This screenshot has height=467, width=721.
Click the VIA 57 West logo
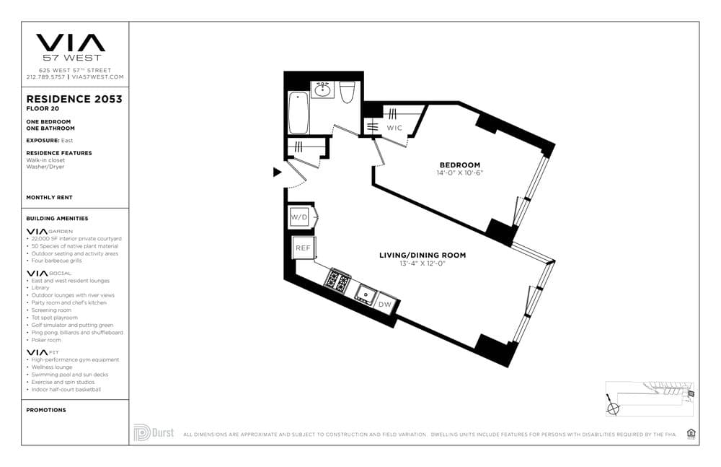click(70, 47)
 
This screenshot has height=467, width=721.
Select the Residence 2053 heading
click(74, 99)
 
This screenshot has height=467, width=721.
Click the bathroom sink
click(323, 90)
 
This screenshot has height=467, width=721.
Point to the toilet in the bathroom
click(347, 92)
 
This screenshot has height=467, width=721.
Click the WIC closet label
click(394, 128)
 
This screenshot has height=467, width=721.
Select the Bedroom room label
click(459, 165)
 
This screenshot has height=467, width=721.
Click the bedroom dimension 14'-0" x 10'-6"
click(459, 173)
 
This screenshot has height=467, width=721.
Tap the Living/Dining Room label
click(423, 255)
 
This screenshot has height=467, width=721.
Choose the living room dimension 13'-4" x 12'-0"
click(423, 263)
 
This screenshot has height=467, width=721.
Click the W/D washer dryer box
click(298, 217)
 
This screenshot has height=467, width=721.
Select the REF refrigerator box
click(301, 248)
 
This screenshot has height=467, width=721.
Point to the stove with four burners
click(337, 280)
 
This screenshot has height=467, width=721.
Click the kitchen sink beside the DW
click(366, 294)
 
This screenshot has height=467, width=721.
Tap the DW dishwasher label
click(386, 304)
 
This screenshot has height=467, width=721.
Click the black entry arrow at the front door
click(277, 172)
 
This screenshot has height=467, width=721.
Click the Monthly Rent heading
click(49, 197)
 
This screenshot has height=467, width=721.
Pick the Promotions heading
click(45, 410)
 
